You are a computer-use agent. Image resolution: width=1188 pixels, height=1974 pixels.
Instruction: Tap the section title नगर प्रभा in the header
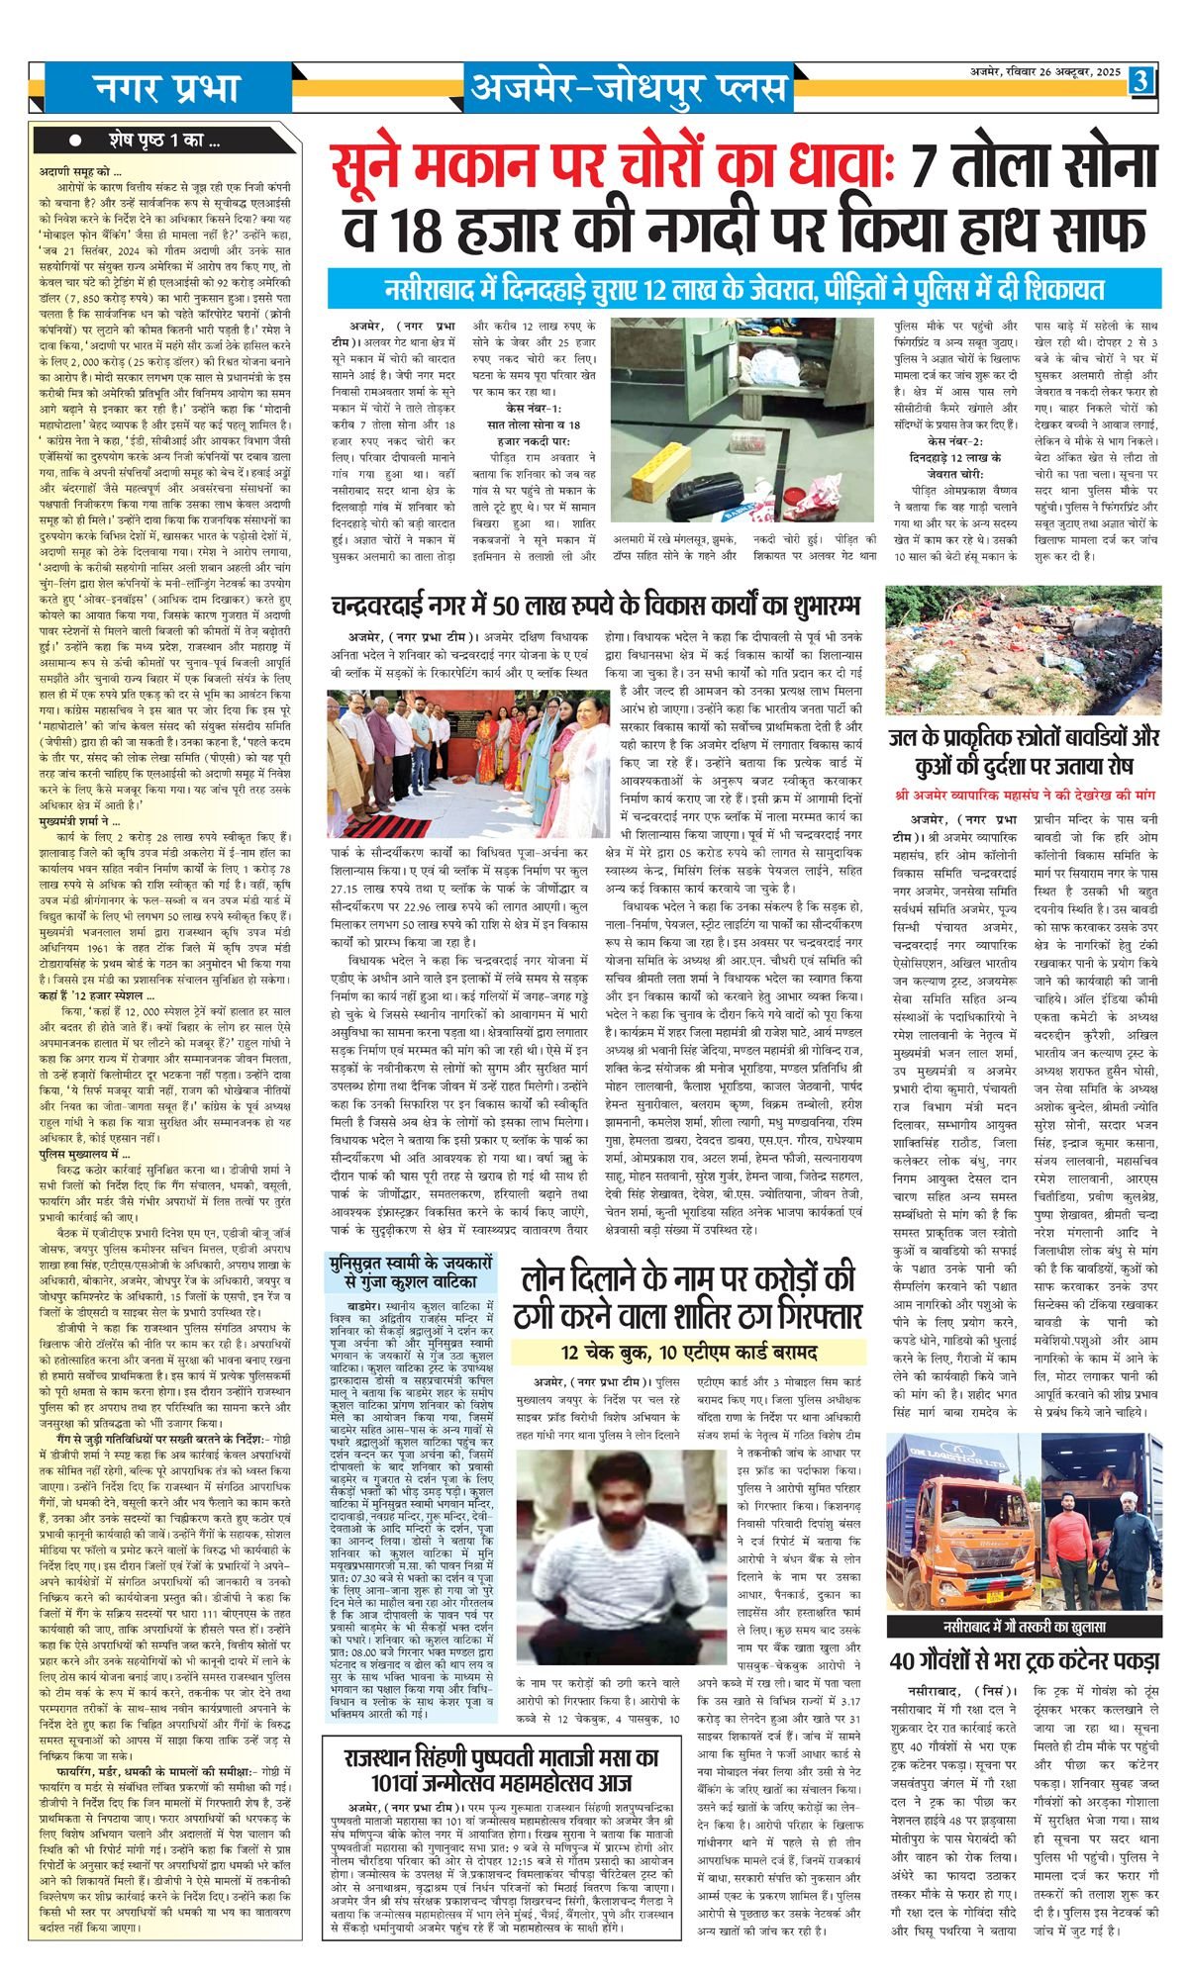point(166,88)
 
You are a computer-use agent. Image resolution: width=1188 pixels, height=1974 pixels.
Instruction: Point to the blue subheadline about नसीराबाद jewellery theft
point(744,290)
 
